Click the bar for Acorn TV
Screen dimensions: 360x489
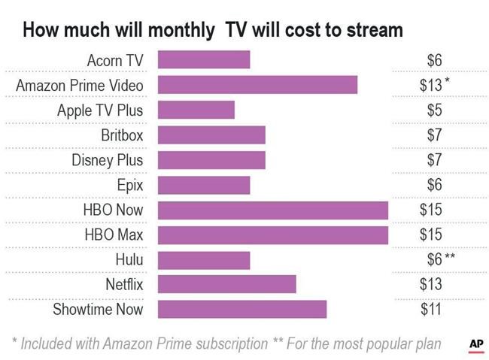(203, 60)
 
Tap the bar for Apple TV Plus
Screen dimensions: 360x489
(196, 110)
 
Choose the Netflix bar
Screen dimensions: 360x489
(226, 284)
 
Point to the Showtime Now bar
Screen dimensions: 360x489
(241, 309)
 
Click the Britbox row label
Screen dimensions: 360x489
(122, 135)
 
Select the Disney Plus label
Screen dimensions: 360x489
(107, 160)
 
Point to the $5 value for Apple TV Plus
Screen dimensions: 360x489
(434, 110)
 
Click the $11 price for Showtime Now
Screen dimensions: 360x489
(431, 309)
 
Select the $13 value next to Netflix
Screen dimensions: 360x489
(431, 284)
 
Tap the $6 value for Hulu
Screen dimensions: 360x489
(434, 259)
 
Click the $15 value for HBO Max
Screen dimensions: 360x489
(431, 234)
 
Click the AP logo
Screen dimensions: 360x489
(475, 343)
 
